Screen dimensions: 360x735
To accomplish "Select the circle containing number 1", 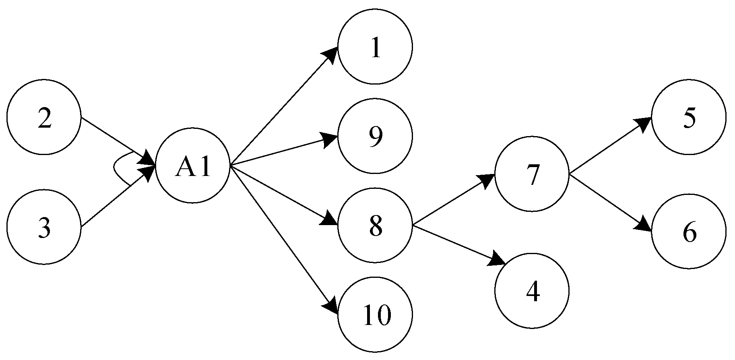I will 375,47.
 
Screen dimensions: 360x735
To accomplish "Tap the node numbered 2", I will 44,117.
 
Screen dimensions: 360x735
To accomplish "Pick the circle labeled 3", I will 44,227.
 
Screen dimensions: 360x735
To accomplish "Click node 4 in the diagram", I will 532,290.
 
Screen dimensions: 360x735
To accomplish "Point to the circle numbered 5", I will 689,117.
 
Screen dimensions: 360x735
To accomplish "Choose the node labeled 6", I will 689,232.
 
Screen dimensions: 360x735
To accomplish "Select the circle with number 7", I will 532,174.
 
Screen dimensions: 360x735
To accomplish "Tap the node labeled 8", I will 375,226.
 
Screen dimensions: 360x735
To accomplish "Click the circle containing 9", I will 375,136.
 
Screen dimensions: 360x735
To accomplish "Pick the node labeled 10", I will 375,314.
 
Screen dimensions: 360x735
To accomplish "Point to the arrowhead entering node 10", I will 331,306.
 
